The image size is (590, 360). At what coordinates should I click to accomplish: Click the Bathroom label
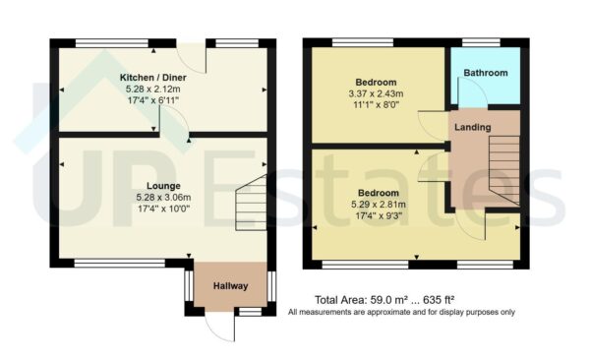pos(487,74)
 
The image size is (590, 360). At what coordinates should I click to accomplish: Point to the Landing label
pos(473,127)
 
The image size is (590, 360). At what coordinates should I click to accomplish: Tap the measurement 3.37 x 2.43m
pos(377,94)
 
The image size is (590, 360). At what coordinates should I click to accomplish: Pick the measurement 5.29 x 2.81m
pos(378,205)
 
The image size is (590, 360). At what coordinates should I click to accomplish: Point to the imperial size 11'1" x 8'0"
pos(377,106)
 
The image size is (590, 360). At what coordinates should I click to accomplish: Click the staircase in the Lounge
pos(252,203)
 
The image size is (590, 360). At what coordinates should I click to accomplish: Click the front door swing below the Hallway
pos(222,328)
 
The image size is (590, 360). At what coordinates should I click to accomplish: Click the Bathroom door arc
pos(471,99)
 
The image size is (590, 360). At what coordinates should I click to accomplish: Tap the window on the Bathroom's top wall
pos(486,42)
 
